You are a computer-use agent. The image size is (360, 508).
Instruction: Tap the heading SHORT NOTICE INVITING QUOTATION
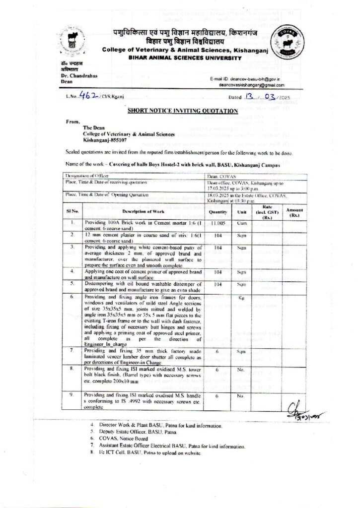(180, 112)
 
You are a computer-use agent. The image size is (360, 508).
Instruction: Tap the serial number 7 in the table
(72, 351)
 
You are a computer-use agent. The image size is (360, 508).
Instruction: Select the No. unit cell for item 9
(242, 396)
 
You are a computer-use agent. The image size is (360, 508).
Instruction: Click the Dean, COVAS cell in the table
(221, 176)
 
